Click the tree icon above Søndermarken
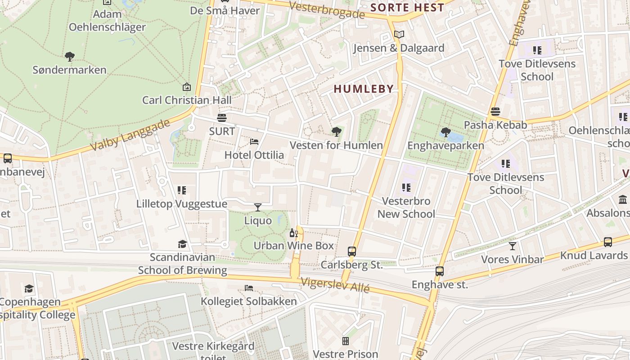[69, 57]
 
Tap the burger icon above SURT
[221, 118]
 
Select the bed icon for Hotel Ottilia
[254, 142]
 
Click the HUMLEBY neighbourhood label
[364, 89]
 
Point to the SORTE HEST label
[407, 8]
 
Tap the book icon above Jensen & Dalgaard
[399, 34]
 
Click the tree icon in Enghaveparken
[445, 132]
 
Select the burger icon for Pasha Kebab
[495, 112]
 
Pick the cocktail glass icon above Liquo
[258, 207]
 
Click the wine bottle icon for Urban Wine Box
[293, 233]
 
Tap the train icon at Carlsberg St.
[352, 252]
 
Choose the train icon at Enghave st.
[440, 271]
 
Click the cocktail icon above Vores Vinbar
[513, 246]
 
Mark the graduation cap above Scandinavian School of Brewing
[182, 244]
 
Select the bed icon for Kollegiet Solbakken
[249, 288]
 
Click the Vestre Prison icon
[346, 341]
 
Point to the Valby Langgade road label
[130, 135]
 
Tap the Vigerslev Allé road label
[335, 284]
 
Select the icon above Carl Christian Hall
[186, 87]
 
